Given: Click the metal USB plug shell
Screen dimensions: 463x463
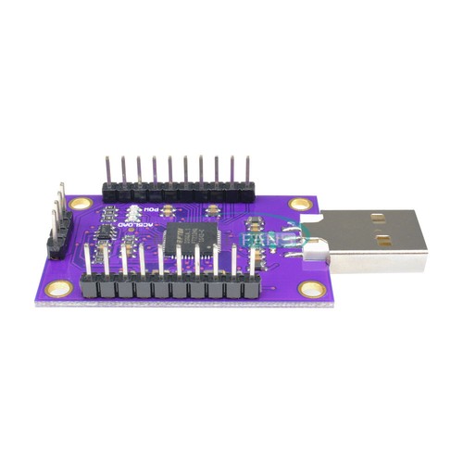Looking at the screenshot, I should [x=375, y=243].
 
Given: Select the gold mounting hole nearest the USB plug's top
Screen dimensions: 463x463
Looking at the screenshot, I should [x=298, y=204].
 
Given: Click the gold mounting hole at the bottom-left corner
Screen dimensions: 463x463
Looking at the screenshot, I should [x=59, y=289].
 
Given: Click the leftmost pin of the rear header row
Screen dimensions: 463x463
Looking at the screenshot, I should [x=108, y=171].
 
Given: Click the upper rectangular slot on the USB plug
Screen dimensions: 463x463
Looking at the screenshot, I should [x=378, y=219].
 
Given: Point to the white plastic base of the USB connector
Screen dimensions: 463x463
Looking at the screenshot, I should [x=319, y=245].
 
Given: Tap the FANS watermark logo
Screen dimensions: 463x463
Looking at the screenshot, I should [x=264, y=239].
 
